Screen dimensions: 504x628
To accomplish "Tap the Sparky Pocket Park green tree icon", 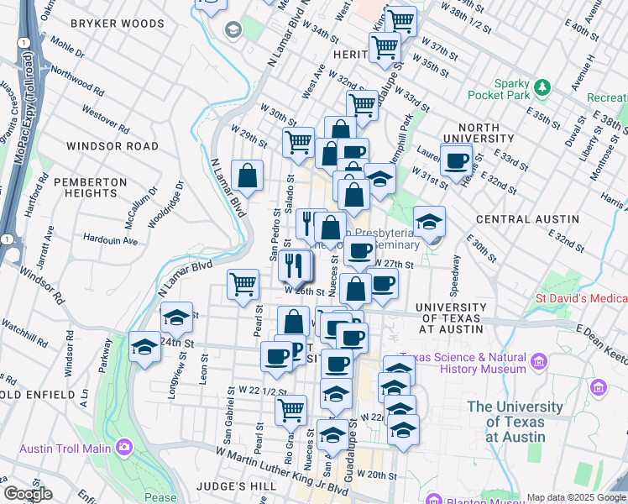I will tap(542, 87).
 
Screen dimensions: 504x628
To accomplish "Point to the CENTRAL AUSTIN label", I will tap(526, 219).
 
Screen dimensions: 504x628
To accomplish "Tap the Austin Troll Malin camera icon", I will tap(125, 447).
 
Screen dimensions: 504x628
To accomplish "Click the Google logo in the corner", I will tap(28, 494).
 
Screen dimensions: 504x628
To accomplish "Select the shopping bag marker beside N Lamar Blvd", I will tap(248, 176).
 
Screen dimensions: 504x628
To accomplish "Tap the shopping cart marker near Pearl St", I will tap(243, 286).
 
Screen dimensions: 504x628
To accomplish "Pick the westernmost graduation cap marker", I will tap(145, 347).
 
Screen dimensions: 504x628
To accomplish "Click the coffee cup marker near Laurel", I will tap(456, 160).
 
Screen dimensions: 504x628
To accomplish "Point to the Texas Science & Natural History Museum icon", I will tap(538, 362).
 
